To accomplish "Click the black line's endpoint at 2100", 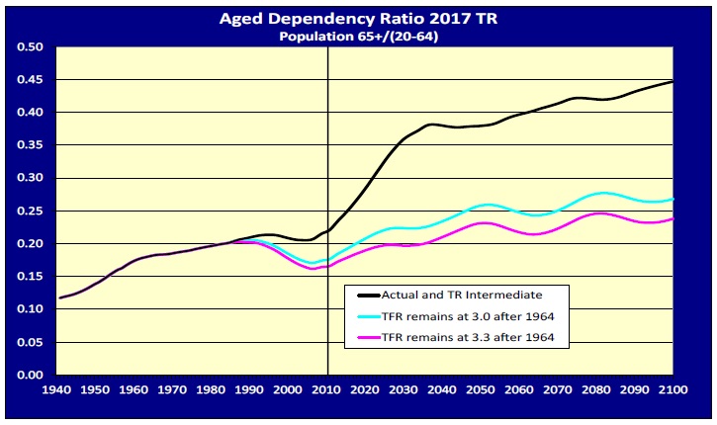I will point(673,82).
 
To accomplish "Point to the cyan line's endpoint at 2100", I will point(673,199).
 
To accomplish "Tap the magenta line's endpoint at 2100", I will point(673,219).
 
